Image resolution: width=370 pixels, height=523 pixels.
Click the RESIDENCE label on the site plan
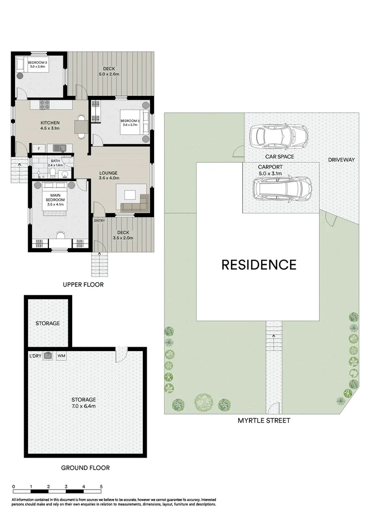pyautogui.click(x=259, y=265)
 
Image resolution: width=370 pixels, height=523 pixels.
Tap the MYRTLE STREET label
pyautogui.click(x=264, y=420)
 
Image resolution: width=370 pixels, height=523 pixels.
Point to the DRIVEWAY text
pyautogui.click(x=341, y=160)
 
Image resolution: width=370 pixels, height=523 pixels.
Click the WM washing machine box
pyautogui.click(x=62, y=356)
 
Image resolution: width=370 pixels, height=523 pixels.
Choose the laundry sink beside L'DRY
pyautogui.click(x=48, y=356)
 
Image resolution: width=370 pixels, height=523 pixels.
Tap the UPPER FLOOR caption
pyautogui.click(x=83, y=284)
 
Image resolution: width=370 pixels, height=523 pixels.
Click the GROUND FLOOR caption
pyautogui.click(x=85, y=468)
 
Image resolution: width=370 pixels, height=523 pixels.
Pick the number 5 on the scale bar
pyautogui.click(x=101, y=486)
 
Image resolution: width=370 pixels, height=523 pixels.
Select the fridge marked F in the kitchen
pyautogui.click(x=38, y=148)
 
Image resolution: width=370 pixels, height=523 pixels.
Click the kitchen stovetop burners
pyautogui.click(x=45, y=104)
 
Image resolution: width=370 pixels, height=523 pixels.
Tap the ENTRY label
pyautogui.click(x=99, y=221)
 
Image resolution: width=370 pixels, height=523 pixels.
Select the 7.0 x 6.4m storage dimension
pyautogui.click(x=85, y=406)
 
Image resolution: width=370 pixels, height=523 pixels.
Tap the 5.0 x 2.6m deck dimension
pyautogui.click(x=109, y=74)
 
